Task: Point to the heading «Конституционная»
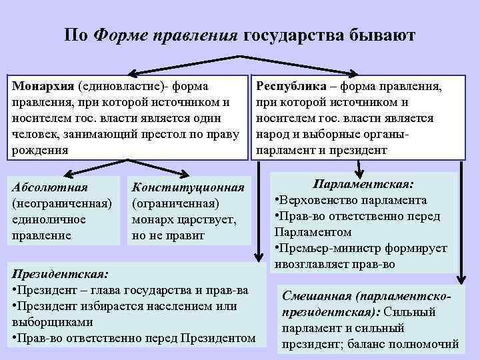click(189, 189)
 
